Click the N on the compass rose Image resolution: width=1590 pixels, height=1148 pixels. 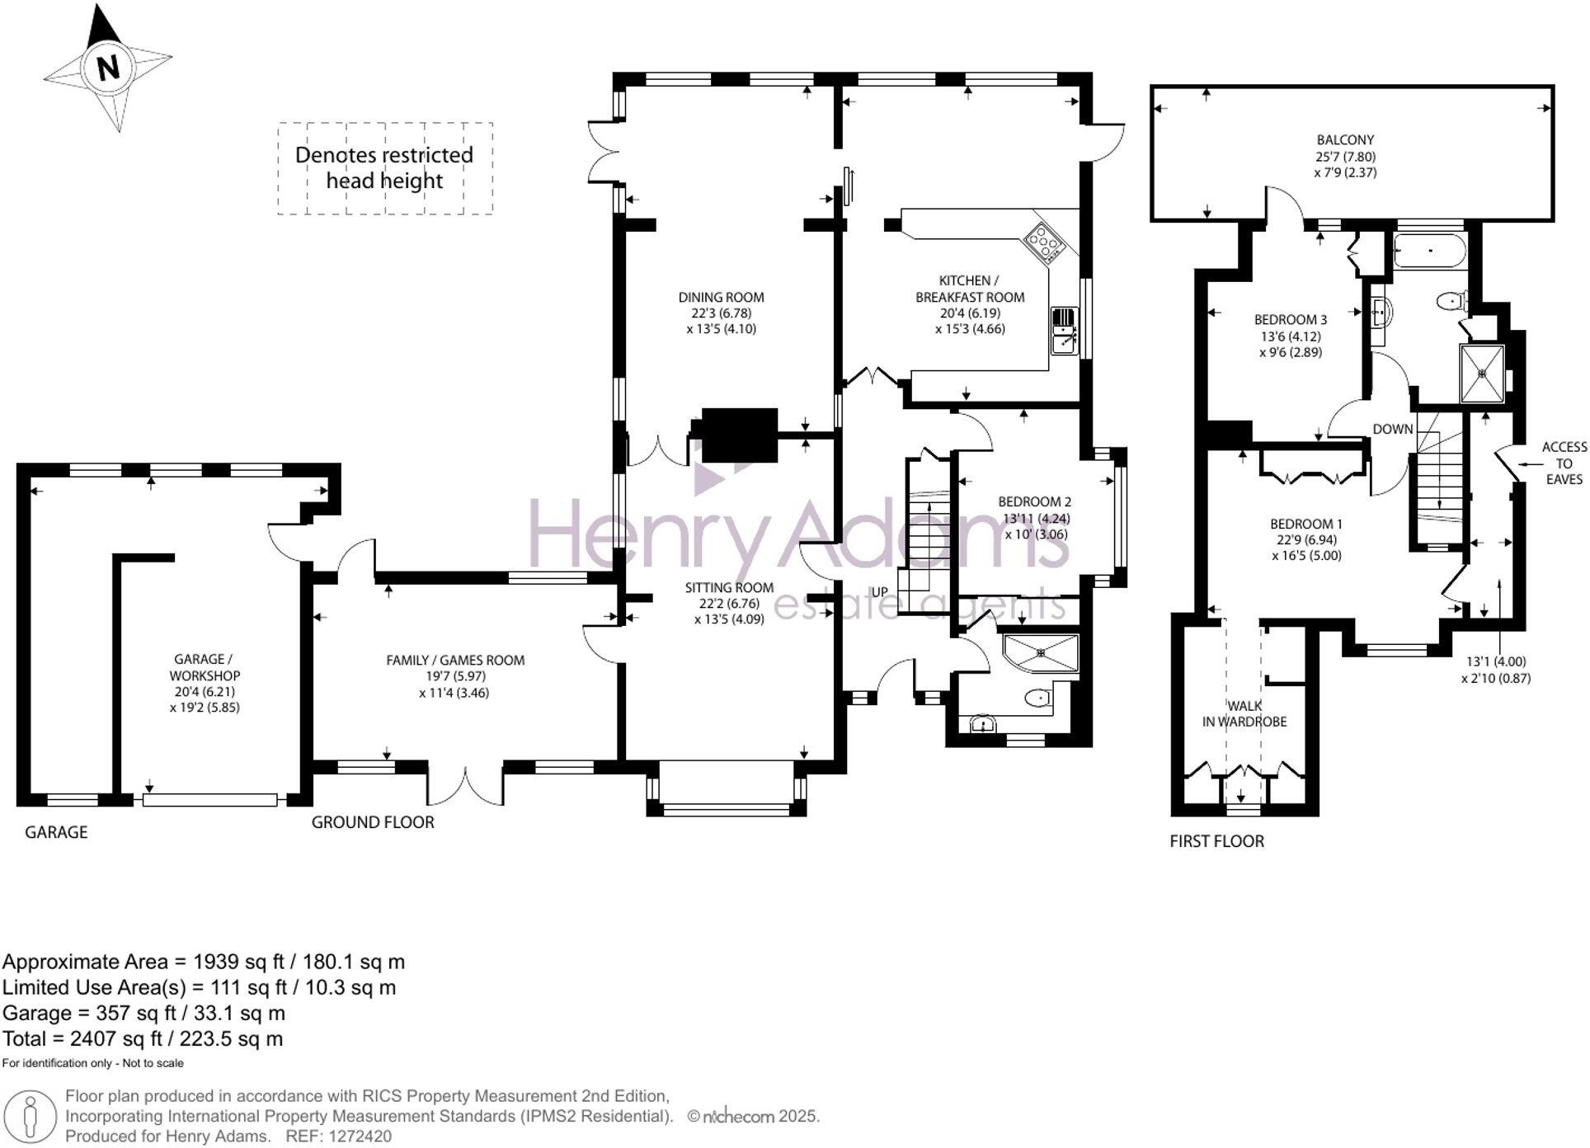[x=108, y=67]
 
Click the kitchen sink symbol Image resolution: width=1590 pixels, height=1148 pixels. [x=1064, y=331]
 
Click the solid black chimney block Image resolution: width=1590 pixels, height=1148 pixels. [x=739, y=434]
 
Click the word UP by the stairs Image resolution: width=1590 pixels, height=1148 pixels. [x=880, y=592]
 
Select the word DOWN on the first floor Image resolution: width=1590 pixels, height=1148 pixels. [x=1392, y=429]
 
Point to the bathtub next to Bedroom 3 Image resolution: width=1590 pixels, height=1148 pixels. [x=1430, y=249]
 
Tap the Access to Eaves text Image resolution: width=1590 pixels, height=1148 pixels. [x=1564, y=463]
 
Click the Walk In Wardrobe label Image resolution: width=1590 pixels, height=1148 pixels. [x=1244, y=713]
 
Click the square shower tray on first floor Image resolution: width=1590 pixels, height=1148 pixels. [x=1481, y=374]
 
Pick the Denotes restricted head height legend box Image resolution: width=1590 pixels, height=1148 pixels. [x=384, y=168]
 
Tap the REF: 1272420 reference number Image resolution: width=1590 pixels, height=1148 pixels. [x=338, y=1136]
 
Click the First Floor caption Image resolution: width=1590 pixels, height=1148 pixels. [x=1216, y=841]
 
